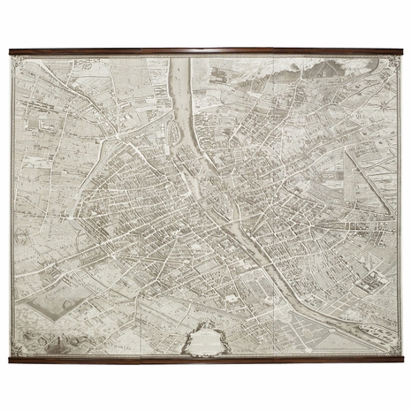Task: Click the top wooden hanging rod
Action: coord(205,50)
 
